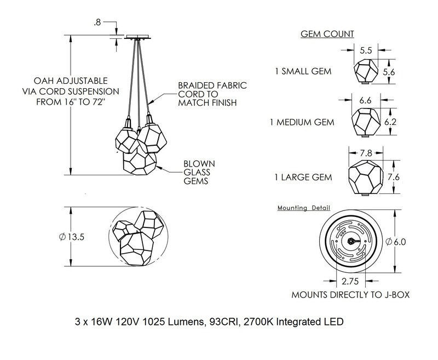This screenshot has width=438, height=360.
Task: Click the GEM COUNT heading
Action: tap(327, 34)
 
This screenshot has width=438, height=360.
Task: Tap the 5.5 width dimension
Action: tap(366, 50)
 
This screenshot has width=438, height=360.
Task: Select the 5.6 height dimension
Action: tap(389, 72)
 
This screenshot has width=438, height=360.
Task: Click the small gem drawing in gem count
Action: tap(365, 72)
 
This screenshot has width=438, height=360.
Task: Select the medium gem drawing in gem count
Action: tap(364, 121)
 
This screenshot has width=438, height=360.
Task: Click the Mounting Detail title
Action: tap(307, 209)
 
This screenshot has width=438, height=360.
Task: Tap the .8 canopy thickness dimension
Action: tap(97, 23)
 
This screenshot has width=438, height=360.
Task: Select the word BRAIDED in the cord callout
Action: tap(195, 85)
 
